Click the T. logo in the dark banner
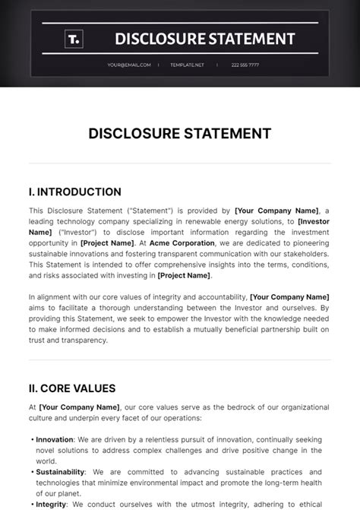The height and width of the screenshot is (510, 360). [74, 38]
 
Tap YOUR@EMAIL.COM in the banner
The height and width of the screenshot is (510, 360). [129, 65]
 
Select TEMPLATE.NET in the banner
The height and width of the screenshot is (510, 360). [188, 65]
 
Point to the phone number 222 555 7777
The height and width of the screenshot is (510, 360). [244, 65]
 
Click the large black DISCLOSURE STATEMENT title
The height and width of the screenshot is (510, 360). [180, 134]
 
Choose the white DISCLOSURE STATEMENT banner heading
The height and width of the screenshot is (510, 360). [204, 38]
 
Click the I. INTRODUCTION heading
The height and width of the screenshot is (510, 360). [75, 192]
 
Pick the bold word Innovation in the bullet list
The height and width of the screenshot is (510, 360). [55, 439]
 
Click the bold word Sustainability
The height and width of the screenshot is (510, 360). [60, 471]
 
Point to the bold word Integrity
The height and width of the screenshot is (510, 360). [52, 503]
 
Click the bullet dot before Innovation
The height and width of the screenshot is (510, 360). [32, 439]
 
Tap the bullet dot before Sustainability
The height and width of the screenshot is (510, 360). [32, 471]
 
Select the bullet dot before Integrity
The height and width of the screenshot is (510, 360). [32, 503]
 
